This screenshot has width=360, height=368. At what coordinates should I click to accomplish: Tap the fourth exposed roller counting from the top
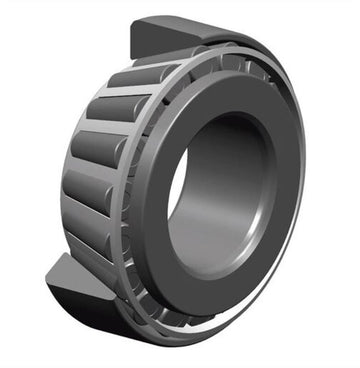point(88,190)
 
